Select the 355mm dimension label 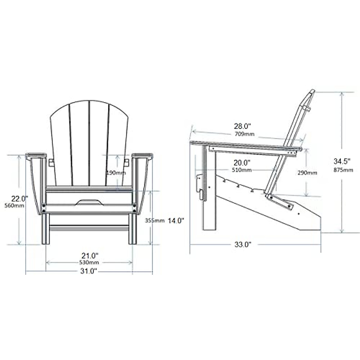[154, 220]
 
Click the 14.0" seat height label [175, 220]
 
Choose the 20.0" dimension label [242, 163]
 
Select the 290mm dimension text [307, 172]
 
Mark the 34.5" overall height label [342, 162]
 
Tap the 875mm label [343, 170]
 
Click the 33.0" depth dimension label [242, 244]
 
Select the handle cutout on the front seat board [89, 202]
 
